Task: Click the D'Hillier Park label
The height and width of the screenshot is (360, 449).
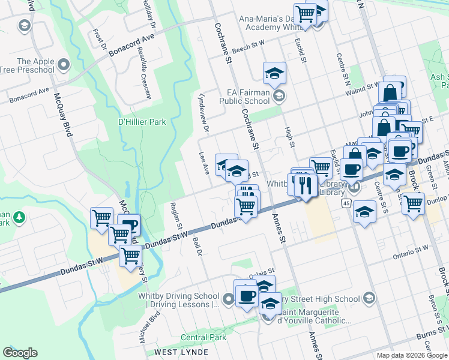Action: (142, 122)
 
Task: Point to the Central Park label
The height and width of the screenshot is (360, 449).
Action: (203, 338)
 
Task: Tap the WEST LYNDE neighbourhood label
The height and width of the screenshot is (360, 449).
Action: (181, 352)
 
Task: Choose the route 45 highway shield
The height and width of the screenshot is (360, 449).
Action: (346, 204)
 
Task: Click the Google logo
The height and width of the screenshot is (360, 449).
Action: (20, 353)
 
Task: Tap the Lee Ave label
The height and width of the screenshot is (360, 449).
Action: (204, 163)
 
